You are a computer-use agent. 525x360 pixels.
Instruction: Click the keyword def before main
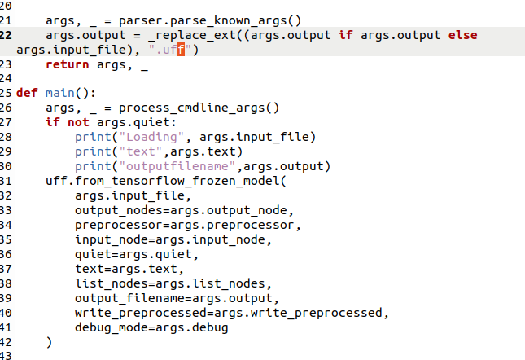tap(27, 93)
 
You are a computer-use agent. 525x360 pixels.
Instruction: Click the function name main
tap(59, 93)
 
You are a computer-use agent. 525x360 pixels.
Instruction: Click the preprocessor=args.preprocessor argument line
tap(183, 225)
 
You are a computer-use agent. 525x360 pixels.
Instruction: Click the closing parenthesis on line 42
tap(49, 342)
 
